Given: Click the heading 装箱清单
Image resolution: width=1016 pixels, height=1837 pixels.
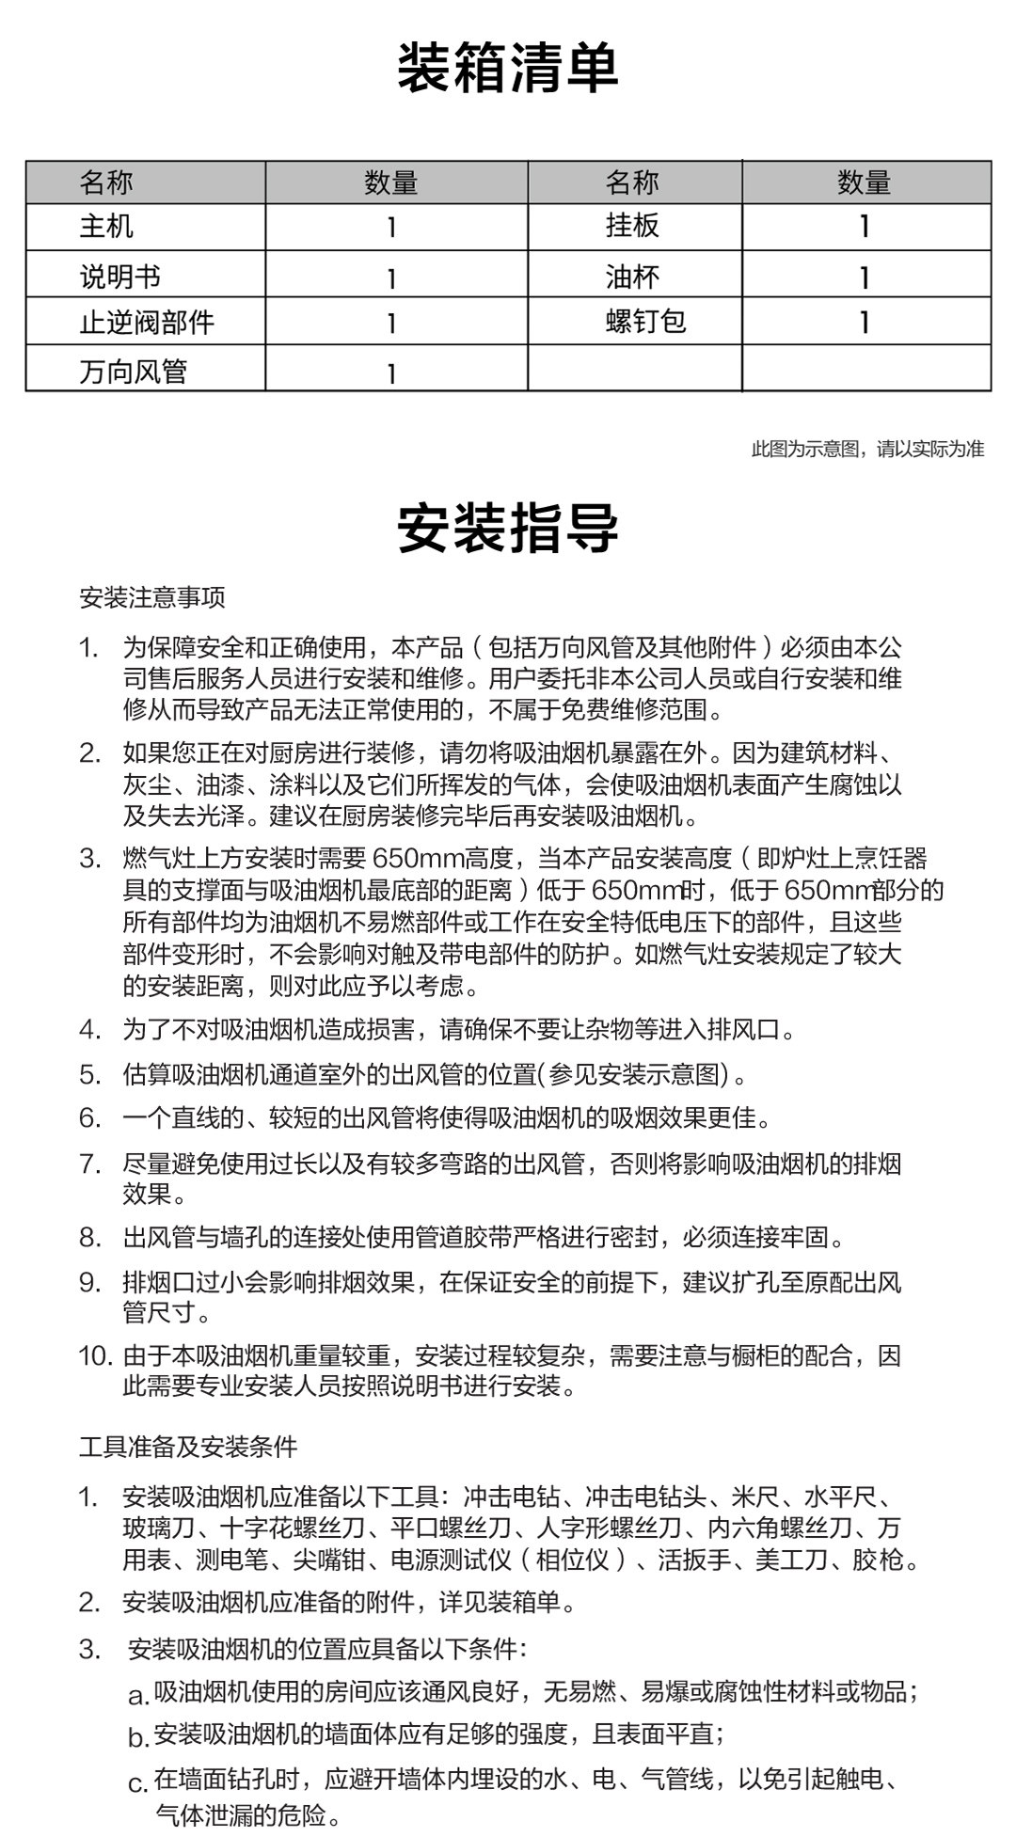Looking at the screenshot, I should (507, 68).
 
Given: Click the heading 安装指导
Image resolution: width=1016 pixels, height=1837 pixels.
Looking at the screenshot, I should (507, 528).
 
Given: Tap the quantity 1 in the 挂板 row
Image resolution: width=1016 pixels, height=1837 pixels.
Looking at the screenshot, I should (865, 227).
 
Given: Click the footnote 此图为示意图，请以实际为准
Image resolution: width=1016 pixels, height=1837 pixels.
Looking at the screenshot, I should (867, 449).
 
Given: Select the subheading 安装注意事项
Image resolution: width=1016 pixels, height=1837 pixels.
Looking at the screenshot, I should (152, 597).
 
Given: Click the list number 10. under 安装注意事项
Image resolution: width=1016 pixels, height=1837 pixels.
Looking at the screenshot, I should (95, 1356).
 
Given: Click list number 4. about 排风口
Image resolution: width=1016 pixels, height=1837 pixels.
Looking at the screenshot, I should (89, 1029).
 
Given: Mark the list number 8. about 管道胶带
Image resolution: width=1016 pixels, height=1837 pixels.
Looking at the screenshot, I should (89, 1238).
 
